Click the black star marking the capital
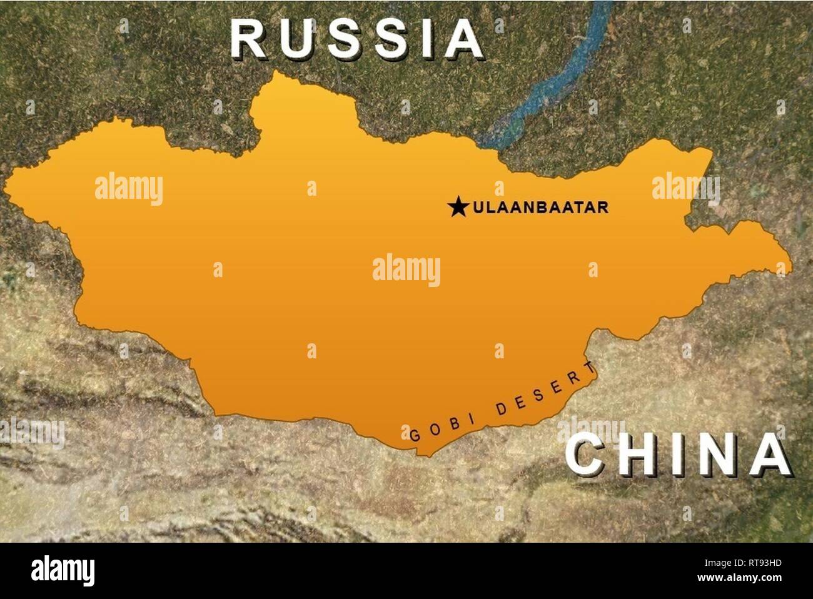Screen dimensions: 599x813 pyautogui.click(x=458, y=206)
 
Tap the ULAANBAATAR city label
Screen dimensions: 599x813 pyautogui.click(x=540, y=207)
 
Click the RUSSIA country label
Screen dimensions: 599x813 pyautogui.click(x=356, y=39)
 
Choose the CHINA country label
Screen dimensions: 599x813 pyautogui.click(x=678, y=455)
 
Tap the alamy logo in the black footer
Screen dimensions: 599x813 pyautogui.click(x=63, y=571)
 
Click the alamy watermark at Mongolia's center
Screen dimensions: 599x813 pyautogui.click(x=406, y=270)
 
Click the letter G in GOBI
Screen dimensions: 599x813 pyautogui.click(x=414, y=435)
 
